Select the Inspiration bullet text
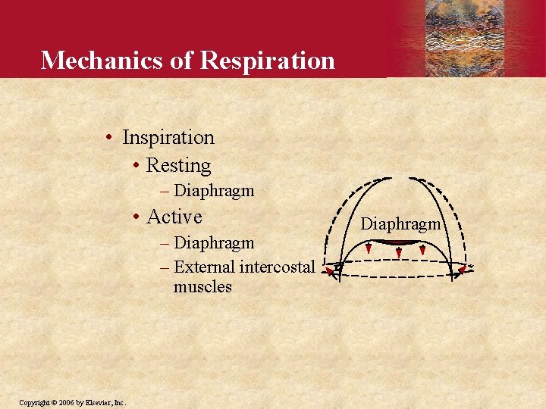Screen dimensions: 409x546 168,137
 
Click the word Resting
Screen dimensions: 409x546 178,165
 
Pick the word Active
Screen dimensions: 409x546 174,217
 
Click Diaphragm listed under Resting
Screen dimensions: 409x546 214,191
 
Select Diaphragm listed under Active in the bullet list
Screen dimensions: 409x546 214,243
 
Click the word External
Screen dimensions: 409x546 204,267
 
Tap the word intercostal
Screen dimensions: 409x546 277,267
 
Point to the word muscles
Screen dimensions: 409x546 202,287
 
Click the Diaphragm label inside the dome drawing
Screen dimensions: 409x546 400,224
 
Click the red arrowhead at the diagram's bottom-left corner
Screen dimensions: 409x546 329,270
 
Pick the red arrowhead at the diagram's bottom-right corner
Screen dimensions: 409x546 461,270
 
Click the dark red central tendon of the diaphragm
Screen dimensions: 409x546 395,242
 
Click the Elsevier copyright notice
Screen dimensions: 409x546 73,402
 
